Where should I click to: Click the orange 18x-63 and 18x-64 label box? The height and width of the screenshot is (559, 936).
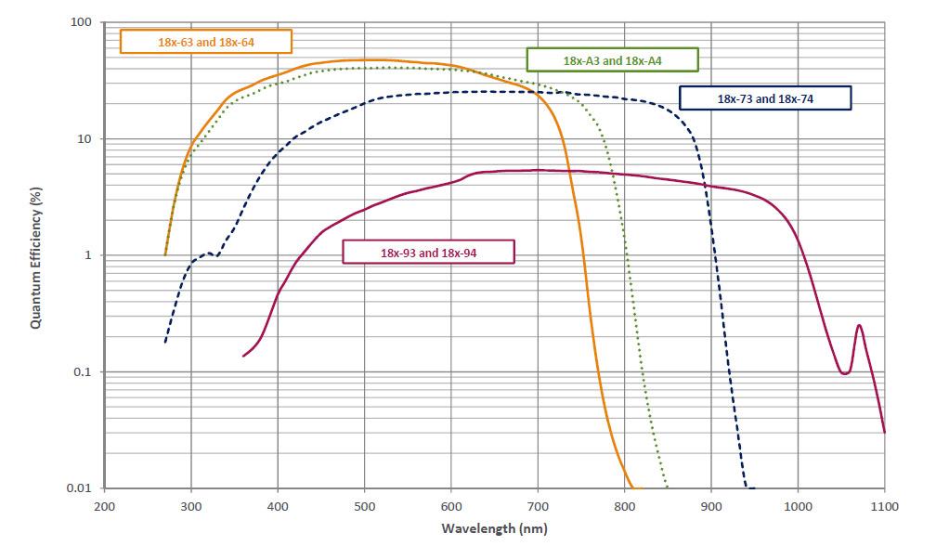(206, 42)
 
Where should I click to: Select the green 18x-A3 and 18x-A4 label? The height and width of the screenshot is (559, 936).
(612, 60)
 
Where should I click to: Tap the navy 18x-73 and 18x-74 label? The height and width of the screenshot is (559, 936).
(765, 98)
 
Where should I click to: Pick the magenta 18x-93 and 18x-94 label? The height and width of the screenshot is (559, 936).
(428, 252)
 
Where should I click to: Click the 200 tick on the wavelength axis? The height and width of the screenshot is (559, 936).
(105, 506)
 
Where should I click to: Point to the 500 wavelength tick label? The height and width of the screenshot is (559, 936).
(365, 506)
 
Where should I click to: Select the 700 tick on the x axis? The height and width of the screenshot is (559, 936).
(538, 506)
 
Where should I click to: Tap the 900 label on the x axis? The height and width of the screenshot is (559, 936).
(711, 506)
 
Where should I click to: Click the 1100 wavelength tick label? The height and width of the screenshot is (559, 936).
(883, 506)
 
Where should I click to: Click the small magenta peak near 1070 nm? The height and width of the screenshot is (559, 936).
(859, 325)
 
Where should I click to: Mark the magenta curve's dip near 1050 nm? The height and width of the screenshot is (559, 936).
(844, 373)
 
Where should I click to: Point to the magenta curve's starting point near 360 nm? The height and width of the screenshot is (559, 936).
(243, 356)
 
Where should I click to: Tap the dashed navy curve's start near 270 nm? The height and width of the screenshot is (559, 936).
(165, 342)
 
